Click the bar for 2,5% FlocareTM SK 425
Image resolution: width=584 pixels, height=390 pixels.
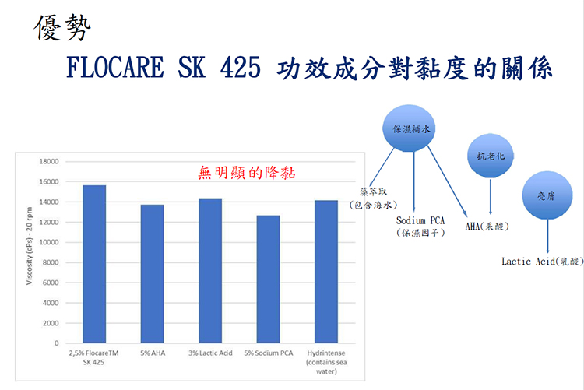point(94,264)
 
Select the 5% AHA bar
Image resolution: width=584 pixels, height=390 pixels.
point(153,274)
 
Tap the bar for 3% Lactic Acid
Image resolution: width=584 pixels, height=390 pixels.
point(210,271)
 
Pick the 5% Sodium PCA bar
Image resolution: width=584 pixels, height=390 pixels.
point(268,279)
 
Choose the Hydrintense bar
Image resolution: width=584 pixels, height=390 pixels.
point(326,272)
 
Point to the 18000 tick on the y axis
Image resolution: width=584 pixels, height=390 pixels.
point(49,162)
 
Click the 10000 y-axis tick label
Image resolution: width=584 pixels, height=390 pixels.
point(49,242)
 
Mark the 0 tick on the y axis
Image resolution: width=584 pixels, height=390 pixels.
point(57,343)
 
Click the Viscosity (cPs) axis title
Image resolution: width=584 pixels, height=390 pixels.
point(30,246)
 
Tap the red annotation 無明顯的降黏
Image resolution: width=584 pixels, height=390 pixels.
point(247,173)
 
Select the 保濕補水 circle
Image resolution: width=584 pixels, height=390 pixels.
point(409,128)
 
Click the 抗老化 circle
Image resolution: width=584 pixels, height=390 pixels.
point(491,156)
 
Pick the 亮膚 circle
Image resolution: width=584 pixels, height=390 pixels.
point(547,195)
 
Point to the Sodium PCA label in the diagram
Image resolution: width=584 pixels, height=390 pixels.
point(420,220)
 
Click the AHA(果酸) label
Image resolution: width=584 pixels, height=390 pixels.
point(487,226)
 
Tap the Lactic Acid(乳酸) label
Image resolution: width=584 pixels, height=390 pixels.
point(543,262)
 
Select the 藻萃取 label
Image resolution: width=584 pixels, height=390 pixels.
point(374,191)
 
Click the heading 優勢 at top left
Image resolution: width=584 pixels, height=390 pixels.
point(62,27)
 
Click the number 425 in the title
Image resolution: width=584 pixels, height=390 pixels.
point(241,68)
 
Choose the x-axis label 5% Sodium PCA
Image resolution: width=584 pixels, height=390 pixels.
point(269,353)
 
